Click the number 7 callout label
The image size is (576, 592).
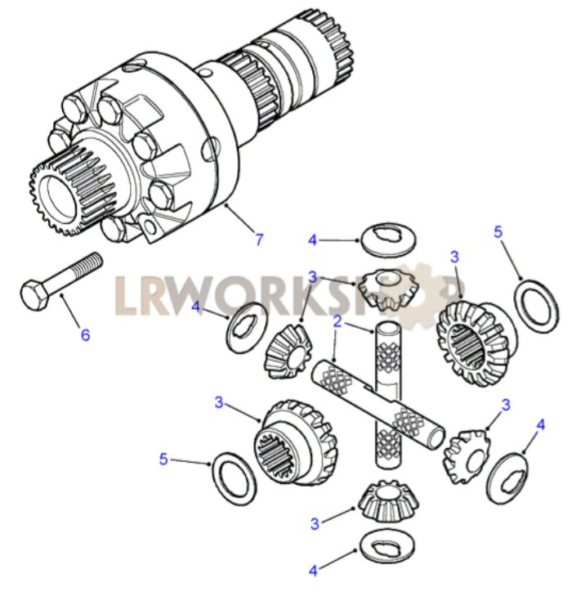point(259,240)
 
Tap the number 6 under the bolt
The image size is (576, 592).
point(86,334)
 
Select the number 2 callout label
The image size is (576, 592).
point(337,321)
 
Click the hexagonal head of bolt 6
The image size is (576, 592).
point(34,295)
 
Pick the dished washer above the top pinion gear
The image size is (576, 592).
point(388,241)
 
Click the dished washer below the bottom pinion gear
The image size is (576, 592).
point(387,546)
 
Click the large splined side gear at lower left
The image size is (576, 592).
point(295,442)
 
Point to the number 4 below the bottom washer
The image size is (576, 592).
point(313,572)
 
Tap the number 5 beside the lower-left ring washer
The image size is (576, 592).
point(163,460)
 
